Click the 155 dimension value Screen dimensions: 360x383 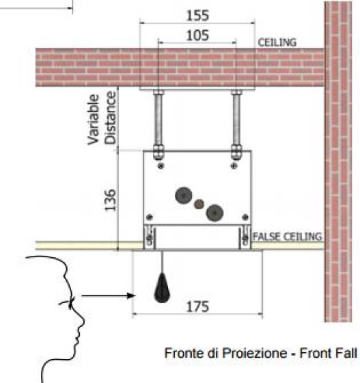click(197, 15)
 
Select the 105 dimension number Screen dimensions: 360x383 click(197, 36)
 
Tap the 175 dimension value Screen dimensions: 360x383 click(197, 306)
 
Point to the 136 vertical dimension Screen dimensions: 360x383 click(110, 200)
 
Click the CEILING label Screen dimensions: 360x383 click(277, 42)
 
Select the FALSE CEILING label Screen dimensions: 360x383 click(288, 237)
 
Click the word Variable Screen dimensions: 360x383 click(94, 120)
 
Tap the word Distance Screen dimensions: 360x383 click(110, 118)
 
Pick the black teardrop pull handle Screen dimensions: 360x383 click(162, 288)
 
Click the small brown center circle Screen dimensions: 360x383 click(199, 204)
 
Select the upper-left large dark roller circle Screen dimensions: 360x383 click(183, 196)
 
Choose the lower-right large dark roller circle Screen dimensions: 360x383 click(214, 213)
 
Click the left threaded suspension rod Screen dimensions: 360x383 click(158, 120)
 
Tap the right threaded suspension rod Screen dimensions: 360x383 click(236, 120)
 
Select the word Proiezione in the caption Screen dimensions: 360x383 click(255, 353)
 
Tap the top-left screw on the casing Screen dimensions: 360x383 click(161, 166)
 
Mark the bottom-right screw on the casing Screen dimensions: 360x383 click(245, 217)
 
